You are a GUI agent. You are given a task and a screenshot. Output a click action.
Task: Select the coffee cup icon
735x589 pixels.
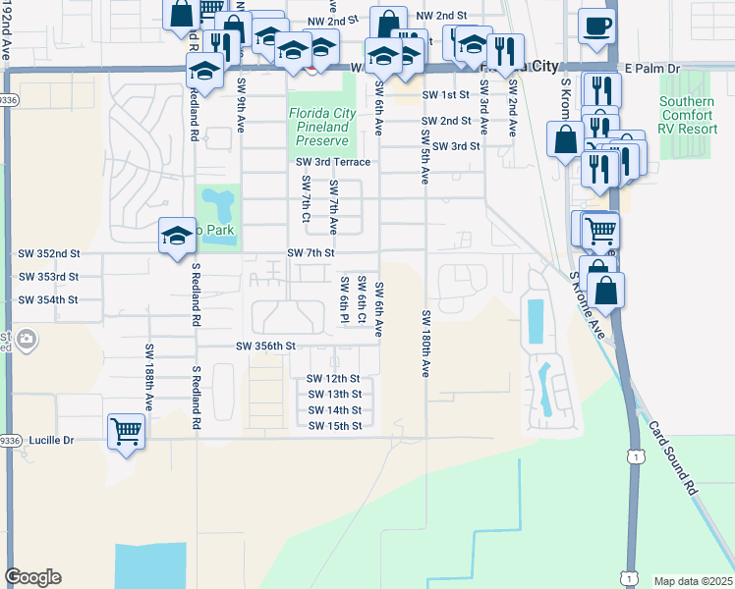595,27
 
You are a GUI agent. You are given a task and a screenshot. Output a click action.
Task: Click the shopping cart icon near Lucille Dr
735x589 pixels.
126,431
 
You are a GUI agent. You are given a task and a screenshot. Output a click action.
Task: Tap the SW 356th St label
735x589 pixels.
265,346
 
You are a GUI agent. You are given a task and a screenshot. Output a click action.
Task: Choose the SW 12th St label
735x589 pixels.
333,378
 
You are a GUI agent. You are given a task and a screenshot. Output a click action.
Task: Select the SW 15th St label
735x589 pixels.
334,425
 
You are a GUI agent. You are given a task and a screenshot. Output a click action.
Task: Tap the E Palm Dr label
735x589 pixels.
652,69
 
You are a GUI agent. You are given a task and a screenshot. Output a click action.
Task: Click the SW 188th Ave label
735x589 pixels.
149,377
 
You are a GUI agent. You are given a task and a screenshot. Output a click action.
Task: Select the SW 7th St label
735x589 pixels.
311,252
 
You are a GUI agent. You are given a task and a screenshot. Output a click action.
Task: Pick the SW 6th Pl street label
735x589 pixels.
344,300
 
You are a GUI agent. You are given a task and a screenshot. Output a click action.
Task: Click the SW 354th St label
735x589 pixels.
47,299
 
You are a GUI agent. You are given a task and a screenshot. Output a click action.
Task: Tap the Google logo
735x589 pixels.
32,577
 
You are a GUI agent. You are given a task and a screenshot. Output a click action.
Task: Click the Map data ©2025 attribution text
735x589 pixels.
693,581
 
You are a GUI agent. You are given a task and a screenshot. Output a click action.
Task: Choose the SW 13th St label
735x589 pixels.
334,394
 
